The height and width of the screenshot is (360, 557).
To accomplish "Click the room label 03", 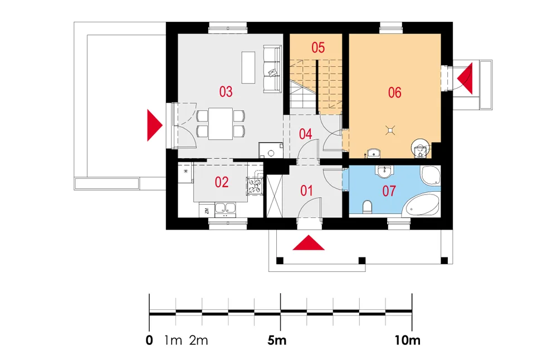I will click(x=226, y=92).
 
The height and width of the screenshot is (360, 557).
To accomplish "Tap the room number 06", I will click(x=394, y=93).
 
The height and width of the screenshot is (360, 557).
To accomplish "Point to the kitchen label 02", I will click(x=222, y=182).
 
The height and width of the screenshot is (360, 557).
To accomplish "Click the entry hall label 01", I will click(x=306, y=191).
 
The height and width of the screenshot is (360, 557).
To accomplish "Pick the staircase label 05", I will click(x=317, y=47).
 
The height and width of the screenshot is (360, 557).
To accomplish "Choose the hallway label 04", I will click(x=305, y=134).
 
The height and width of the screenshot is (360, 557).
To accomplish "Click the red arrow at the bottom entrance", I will click(x=308, y=244).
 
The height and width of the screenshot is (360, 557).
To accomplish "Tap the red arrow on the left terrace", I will click(x=155, y=125).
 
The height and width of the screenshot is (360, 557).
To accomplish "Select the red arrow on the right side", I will click(x=466, y=78).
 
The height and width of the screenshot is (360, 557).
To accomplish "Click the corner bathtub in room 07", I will click(x=422, y=206).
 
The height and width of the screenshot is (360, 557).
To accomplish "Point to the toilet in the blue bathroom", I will click(x=367, y=207).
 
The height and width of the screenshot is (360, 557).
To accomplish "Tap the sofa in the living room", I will click(x=272, y=69).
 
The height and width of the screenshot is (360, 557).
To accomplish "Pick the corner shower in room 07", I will click(x=429, y=176).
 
